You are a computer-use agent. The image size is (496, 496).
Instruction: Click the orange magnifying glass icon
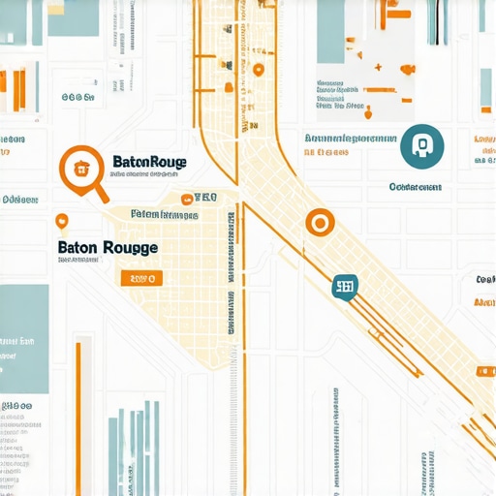(80, 166)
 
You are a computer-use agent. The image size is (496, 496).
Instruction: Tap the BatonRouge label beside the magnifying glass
(150, 162)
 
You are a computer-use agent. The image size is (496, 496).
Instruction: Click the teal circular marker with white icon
(421, 144)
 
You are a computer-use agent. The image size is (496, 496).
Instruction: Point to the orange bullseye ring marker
(317, 223)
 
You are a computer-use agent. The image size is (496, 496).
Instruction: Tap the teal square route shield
(344, 285)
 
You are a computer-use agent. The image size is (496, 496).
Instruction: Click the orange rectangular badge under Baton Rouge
(140, 278)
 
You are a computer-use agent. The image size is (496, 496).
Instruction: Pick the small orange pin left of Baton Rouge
(62, 221)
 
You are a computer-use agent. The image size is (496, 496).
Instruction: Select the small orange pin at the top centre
(258, 69)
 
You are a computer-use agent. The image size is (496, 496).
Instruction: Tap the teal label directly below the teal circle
(415, 186)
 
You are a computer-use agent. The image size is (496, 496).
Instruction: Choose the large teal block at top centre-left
(73, 17)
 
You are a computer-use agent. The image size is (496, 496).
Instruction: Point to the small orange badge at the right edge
(483, 371)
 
